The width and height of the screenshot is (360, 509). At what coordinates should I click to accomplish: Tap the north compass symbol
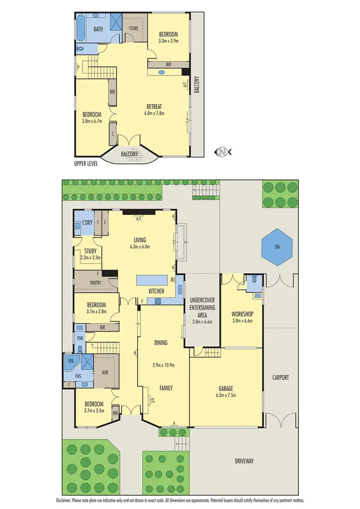coord(222,152)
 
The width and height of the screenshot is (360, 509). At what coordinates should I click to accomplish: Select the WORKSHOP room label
coord(242,314)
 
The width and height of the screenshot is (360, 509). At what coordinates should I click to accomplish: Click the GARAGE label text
coord(226,389)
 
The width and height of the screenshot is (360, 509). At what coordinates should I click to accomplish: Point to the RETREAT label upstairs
coord(155,107)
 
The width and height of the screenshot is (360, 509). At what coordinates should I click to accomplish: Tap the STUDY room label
coord(90,251)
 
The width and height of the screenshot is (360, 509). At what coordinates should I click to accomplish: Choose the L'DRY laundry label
coord(87,223)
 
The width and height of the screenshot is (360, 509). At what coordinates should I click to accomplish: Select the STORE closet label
coord(133,28)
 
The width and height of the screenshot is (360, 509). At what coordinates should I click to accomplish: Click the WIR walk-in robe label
coord(106,372)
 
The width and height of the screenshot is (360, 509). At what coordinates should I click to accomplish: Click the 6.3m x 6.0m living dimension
coord(140,247)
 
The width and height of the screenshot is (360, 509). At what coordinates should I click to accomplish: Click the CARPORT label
coord(280,378)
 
